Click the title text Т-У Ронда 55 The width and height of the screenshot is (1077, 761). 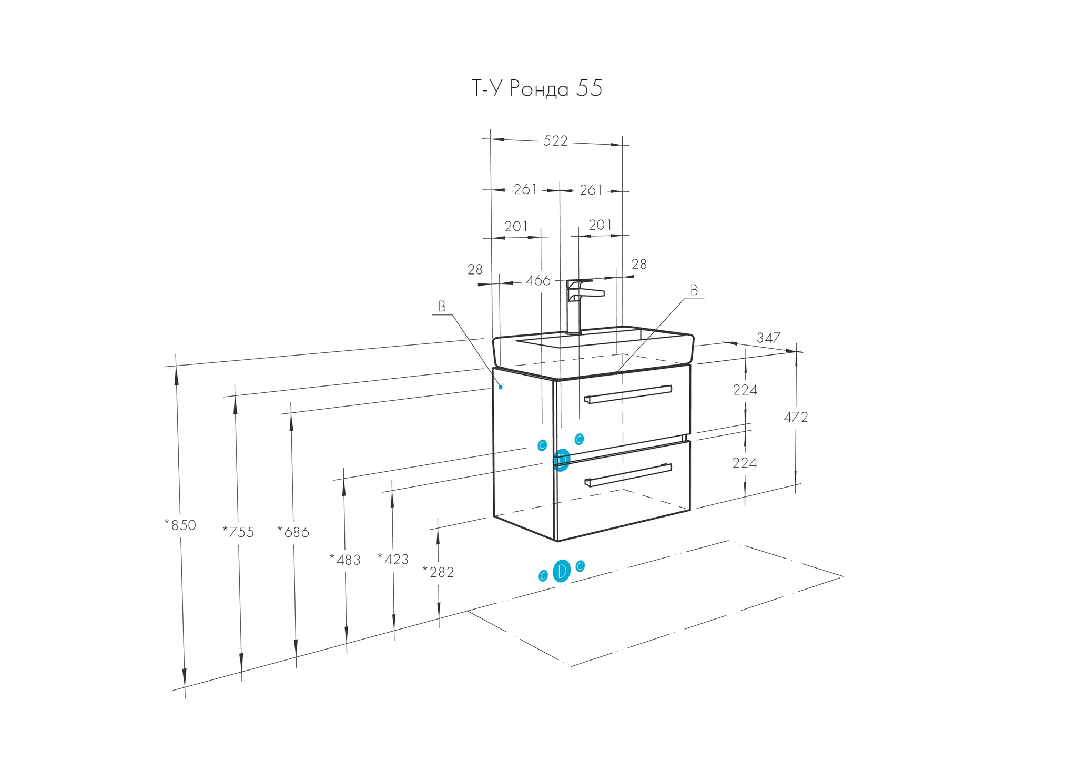click(x=536, y=89)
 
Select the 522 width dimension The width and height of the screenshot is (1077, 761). click(x=555, y=141)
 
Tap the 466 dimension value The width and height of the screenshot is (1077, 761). click(x=538, y=281)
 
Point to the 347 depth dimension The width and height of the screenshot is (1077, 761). click(x=768, y=338)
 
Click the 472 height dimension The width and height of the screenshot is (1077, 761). click(x=795, y=418)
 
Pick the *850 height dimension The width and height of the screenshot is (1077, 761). click(x=180, y=525)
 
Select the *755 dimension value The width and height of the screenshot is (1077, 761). click(x=238, y=532)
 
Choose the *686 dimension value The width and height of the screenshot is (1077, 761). click(x=293, y=532)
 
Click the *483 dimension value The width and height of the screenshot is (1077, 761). click(x=345, y=560)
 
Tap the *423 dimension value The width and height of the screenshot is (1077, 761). click(x=393, y=560)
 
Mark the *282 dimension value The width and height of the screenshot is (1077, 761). click(x=438, y=572)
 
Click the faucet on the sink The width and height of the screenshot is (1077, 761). click(x=579, y=305)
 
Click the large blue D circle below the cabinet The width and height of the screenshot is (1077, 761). click(x=562, y=571)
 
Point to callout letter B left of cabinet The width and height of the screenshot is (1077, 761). click(x=442, y=307)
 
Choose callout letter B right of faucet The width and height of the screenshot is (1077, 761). click(x=694, y=290)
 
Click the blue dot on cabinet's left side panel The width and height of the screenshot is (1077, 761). click(x=501, y=387)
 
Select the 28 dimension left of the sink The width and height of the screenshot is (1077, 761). click(x=475, y=270)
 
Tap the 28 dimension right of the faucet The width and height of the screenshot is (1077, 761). click(x=639, y=265)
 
